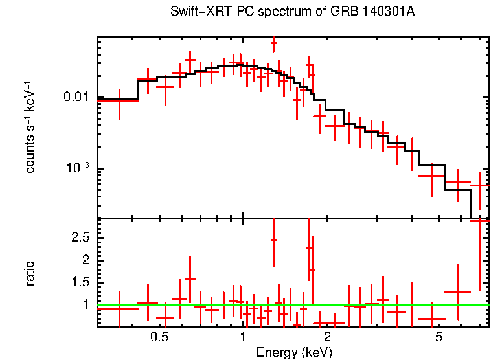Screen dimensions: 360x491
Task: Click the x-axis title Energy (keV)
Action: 294,353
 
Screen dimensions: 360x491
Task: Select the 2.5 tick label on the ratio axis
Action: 80,238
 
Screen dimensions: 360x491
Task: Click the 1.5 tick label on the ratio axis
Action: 80,282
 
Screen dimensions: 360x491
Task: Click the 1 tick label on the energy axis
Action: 243,337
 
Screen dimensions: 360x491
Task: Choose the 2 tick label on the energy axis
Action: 327,337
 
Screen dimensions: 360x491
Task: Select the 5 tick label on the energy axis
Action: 439,337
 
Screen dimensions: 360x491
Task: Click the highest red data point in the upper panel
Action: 273,43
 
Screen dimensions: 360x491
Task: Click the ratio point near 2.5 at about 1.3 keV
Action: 273,240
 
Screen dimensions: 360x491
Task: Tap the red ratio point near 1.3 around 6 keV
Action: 458,291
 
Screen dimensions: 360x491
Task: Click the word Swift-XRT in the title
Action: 193,12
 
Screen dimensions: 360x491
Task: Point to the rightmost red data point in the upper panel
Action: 480,186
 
